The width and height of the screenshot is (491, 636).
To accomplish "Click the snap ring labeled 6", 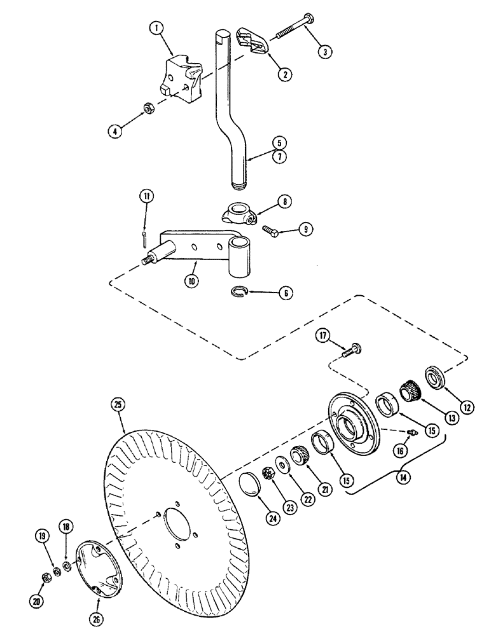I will click(237, 291).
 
